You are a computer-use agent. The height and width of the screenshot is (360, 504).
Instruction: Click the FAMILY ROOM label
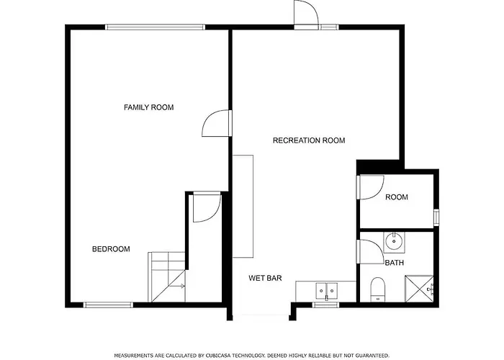click(x=149, y=107)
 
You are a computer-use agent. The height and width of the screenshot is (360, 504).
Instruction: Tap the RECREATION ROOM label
click(x=309, y=140)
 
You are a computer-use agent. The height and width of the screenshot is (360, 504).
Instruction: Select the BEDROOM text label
click(x=111, y=249)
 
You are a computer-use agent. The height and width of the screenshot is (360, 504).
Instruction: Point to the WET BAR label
click(x=265, y=279)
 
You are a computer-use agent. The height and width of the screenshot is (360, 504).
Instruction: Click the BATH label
click(x=395, y=263)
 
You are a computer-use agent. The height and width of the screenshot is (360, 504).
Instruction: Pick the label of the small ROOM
click(x=397, y=197)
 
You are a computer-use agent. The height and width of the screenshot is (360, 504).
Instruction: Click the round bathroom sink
click(x=394, y=241)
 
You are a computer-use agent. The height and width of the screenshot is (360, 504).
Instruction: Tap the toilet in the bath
click(x=378, y=289)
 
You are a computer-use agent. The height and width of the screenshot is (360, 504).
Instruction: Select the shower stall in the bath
click(x=419, y=289)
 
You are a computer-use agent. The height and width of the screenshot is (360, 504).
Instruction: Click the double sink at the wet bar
click(x=327, y=291)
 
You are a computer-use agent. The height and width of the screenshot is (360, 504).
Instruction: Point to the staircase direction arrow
click(x=177, y=286)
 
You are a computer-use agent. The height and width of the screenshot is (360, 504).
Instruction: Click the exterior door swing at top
click(x=306, y=12)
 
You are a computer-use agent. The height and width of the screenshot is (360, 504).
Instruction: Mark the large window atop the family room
click(x=156, y=27)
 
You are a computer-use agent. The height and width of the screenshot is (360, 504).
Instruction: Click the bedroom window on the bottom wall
click(x=108, y=305)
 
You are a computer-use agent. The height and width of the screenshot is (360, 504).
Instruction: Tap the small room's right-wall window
click(x=436, y=217)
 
